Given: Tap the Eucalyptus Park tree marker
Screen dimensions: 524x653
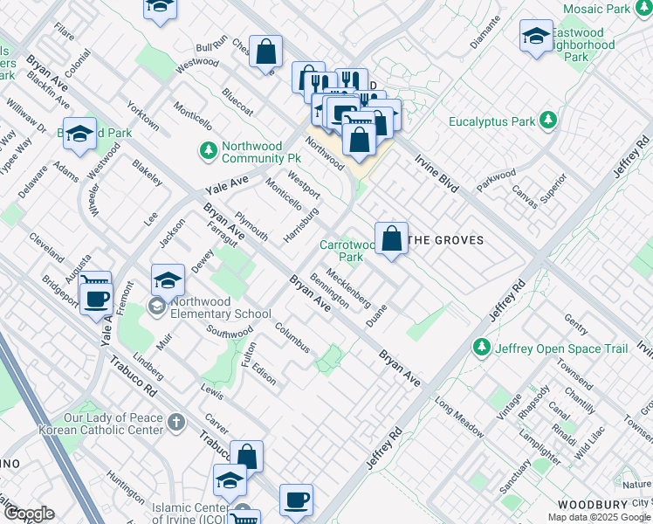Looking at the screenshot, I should click(548, 120).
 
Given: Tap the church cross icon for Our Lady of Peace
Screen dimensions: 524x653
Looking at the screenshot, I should click(177, 424).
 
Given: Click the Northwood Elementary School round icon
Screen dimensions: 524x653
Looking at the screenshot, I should click(157, 307).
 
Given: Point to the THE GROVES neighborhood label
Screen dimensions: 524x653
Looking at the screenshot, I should click(446, 240).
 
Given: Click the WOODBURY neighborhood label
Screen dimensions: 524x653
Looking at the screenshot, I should click(593, 505).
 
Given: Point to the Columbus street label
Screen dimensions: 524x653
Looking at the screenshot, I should click(292, 338).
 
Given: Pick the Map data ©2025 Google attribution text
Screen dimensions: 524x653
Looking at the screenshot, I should click(599, 517).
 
